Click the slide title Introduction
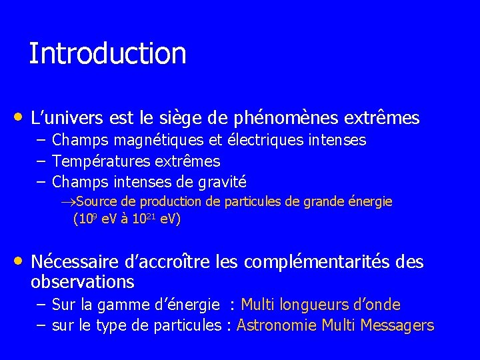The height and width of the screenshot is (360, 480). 107,53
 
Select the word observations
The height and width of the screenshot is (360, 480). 83,281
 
